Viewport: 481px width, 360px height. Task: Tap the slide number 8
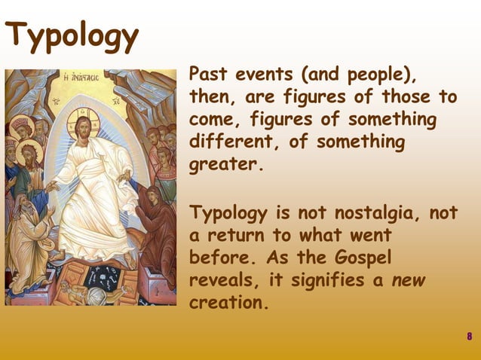pyautogui.click(x=469, y=336)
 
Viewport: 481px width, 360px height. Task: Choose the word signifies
pyautogui.click(x=340, y=280)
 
